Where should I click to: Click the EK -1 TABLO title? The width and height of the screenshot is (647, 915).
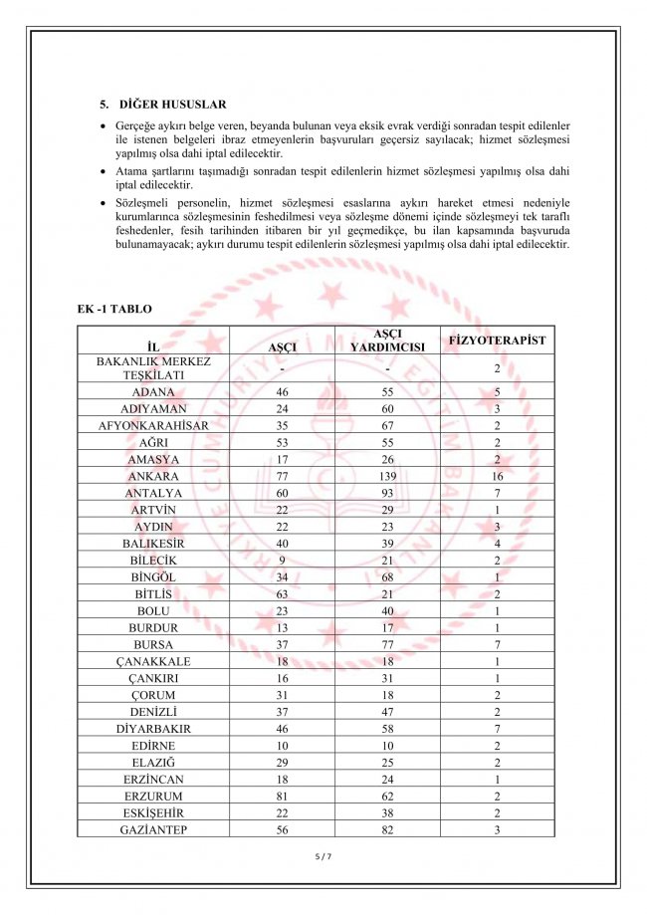pos(114,310)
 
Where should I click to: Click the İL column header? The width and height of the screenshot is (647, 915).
pos(153,346)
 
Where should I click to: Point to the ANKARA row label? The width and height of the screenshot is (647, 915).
pos(153,477)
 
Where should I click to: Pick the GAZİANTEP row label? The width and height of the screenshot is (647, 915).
pos(153,829)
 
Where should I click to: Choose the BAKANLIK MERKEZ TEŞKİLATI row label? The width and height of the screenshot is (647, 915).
pos(153,368)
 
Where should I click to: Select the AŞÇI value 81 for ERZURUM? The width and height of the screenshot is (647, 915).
pos(282,796)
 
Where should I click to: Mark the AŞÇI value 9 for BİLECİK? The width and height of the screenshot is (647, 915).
pos(282,561)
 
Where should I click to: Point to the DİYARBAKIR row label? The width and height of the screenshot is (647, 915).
pos(153,729)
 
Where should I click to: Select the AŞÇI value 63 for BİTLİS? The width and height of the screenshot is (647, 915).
pos(282,594)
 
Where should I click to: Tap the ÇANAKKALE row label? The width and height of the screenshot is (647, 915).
pos(153,661)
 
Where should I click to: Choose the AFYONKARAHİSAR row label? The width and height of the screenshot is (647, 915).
pos(153,426)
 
